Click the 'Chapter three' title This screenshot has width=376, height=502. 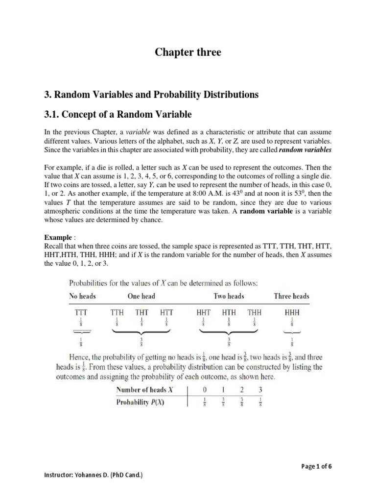tap(188, 52)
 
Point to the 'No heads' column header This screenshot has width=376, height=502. tap(82, 296)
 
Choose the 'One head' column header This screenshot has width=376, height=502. tap(141, 296)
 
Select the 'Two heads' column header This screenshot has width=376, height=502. tap(229, 296)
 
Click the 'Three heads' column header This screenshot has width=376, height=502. tap(292, 296)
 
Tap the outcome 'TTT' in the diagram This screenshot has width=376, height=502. tap(81, 312)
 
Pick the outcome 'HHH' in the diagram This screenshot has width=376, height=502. tap(292, 312)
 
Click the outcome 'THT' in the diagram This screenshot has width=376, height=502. tap(141, 312)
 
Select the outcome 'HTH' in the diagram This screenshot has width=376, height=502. tap(229, 312)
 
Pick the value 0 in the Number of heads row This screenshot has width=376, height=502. tap(206, 390)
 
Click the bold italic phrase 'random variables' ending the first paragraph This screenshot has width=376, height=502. tap(305, 150)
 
